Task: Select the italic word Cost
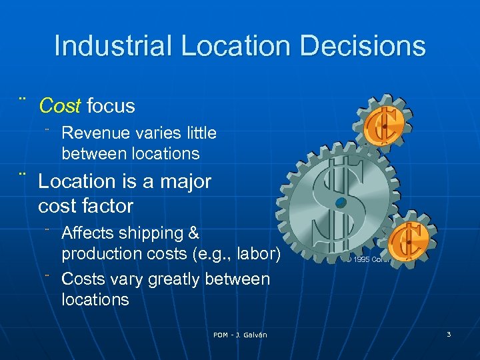(60, 105)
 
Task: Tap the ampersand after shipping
(194, 233)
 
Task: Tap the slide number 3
(449, 334)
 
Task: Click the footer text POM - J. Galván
(240, 335)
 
